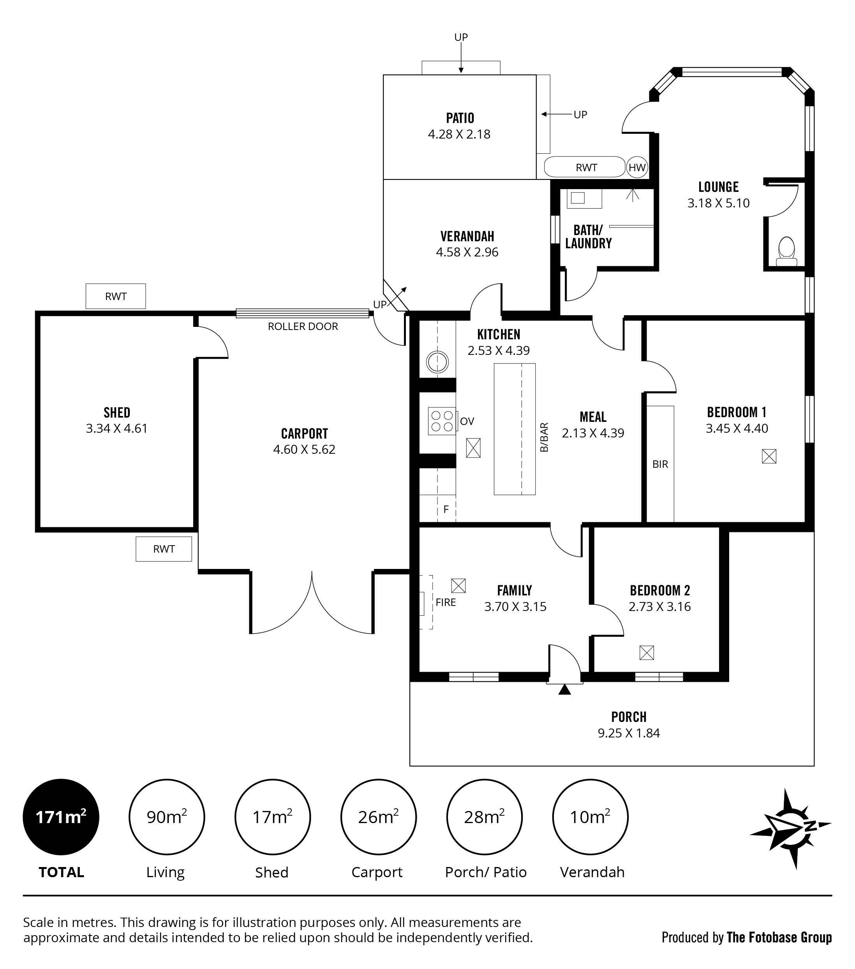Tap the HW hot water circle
pos(637,167)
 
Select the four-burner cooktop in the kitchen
pos(442,421)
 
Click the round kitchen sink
pos(437,362)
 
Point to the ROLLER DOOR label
pos(303,326)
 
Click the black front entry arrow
pos(564,689)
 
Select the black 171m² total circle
pos(61,817)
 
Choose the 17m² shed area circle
pos(272,817)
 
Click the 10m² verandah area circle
pos(590,817)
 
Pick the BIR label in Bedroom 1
pos(660,464)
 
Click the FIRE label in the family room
pos(446,602)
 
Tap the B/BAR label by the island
pos(544,437)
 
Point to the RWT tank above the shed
pos(116,296)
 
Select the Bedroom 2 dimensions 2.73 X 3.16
pos(659,606)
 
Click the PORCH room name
pos(629,717)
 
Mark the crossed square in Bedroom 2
pos(647,653)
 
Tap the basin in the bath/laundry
pos(584,198)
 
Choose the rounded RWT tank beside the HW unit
pos(585,167)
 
